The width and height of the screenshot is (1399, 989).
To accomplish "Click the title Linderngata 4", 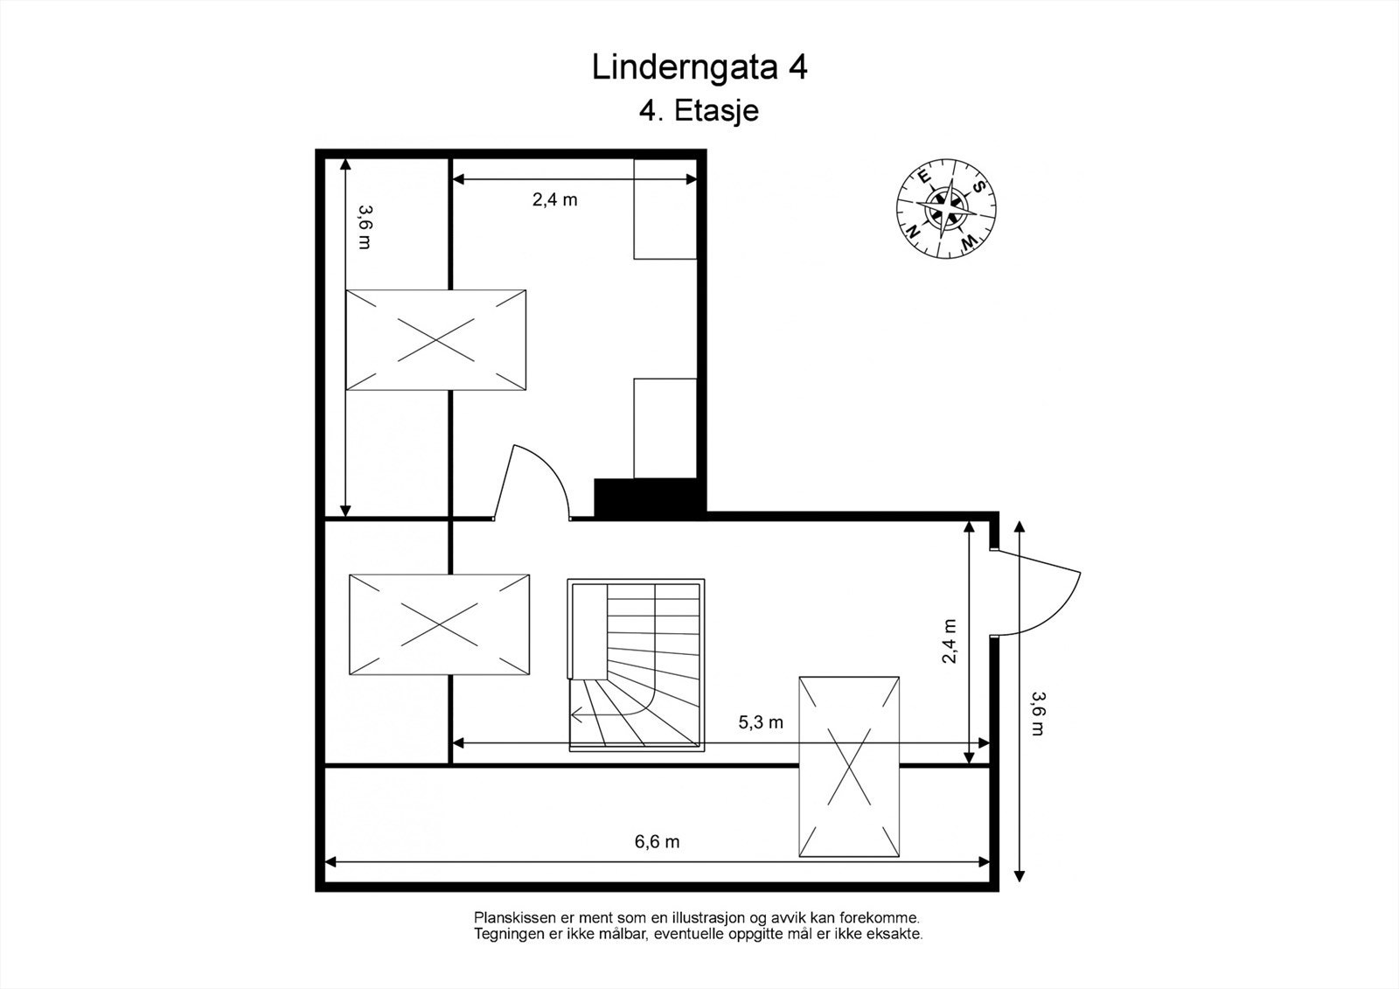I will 699,68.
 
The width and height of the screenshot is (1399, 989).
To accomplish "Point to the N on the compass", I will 913,232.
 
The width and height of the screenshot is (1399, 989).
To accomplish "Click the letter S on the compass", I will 980,186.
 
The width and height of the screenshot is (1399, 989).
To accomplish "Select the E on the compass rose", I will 924,176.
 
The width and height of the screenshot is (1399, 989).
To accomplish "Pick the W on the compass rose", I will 968,241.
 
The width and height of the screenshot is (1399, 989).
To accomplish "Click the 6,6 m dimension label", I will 657,842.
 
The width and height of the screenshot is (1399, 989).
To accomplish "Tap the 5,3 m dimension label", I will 761,723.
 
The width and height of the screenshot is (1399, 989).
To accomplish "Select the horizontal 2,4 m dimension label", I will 554,199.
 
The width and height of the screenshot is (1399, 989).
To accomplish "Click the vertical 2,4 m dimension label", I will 950,641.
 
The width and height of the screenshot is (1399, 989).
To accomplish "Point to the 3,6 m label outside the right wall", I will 1037,714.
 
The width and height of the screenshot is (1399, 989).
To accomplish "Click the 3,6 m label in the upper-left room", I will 365,226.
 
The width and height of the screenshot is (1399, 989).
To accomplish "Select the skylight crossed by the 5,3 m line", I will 849,766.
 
